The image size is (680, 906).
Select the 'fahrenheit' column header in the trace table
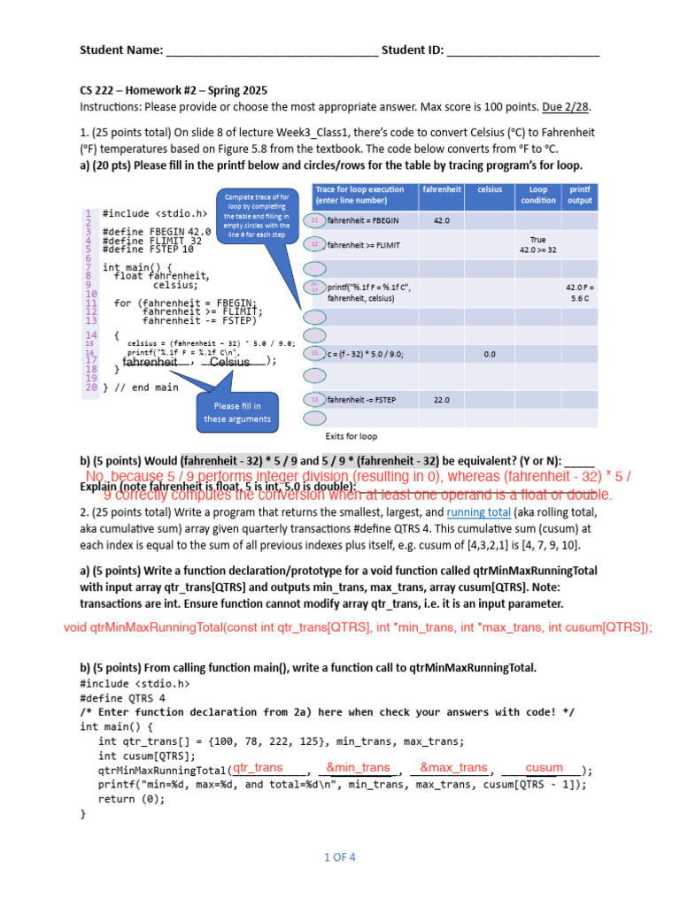tap(442, 189)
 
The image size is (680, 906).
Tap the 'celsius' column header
tap(489, 189)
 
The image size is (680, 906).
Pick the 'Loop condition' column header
tap(538, 195)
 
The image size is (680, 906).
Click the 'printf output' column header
tap(580, 195)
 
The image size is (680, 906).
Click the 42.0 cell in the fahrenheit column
tap(442, 220)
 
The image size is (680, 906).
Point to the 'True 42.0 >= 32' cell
tap(538, 244)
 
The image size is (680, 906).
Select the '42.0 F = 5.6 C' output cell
tap(580, 293)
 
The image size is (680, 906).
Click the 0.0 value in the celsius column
tap(490, 354)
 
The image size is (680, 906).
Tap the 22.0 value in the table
tap(442, 400)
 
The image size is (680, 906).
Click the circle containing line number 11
tap(314, 220)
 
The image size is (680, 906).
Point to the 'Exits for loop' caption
tap(352, 436)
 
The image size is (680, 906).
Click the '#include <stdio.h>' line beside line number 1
tap(155, 213)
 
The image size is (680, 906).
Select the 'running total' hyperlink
tap(478, 512)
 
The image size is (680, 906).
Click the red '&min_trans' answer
tap(358, 767)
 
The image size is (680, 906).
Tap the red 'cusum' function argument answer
tap(544, 767)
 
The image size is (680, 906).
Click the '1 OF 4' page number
tap(339, 856)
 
